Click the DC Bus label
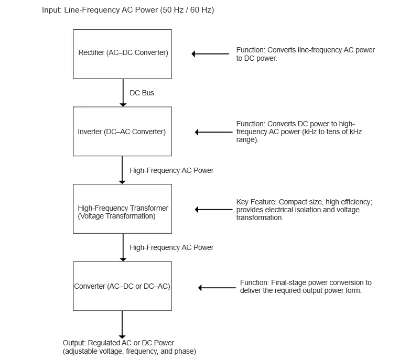(142, 93)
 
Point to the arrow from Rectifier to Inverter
(123, 93)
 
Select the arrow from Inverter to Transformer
(122, 170)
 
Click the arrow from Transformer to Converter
(123, 247)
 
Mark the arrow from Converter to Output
(122, 325)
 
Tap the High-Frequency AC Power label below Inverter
(171, 170)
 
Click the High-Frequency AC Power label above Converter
(171, 247)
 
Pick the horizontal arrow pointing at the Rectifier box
(210, 54)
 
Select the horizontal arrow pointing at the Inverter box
(214, 132)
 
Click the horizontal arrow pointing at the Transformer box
(214, 210)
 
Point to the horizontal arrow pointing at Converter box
(217, 288)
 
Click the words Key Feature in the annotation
(256, 202)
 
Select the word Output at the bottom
(74, 343)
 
